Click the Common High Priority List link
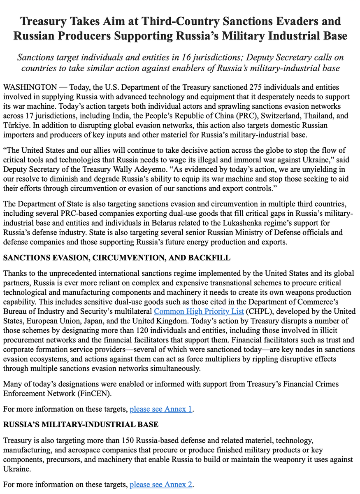(199, 311)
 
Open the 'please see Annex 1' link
(161, 409)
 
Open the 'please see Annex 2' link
(161, 485)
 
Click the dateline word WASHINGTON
(30, 87)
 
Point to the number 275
(256, 87)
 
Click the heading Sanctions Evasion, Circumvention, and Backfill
(117, 258)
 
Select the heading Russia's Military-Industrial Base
(81, 424)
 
